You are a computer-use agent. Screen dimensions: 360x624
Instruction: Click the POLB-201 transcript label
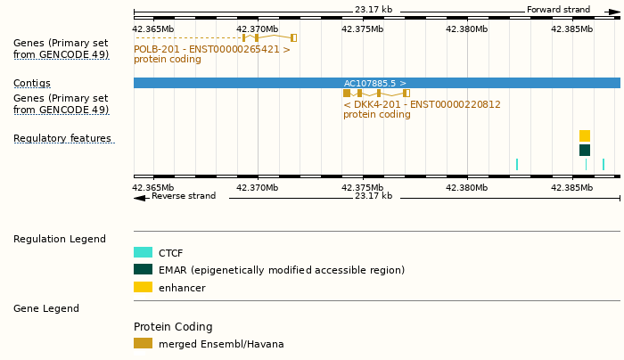click(x=212, y=49)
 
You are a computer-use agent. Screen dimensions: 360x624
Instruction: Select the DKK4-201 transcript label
click(x=422, y=104)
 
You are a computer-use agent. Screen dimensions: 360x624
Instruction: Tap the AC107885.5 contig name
click(x=374, y=83)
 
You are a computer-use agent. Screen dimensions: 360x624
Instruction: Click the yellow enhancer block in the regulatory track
click(x=585, y=135)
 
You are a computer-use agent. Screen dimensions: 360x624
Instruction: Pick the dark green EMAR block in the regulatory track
click(x=585, y=150)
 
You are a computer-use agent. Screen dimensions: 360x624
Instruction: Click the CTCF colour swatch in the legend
click(x=143, y=253)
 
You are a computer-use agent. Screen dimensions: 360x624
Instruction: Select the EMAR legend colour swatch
click(x=143, y=270)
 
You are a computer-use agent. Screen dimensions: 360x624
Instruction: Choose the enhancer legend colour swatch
click(x=143, y=287)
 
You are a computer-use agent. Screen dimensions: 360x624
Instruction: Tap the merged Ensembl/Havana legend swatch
click(x=143, y=343)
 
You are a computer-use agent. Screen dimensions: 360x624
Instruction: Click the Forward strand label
click(x=558, y=10)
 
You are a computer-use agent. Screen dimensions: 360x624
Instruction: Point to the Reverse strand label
click(x=183, y=196)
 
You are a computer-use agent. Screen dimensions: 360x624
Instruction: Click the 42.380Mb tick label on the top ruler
click(x=467, y=29)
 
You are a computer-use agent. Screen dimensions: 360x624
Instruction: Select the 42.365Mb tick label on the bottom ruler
click(x=153, y=187)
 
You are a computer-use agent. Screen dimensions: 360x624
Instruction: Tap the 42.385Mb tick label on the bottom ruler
click(x=572, y=187)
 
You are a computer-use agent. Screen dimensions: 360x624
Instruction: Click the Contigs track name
click(x=32, y=83)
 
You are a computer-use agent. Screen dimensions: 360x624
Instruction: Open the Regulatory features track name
click(x=62, y=138)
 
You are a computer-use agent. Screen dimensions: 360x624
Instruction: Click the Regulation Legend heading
click(x=60, y=239)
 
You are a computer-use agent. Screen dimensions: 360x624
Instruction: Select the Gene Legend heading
click(x=46, y=308)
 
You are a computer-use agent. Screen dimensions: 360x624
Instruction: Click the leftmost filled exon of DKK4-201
click(x=347, y=93)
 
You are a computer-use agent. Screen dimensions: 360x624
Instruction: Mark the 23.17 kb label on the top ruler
click(x=373, y=10)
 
